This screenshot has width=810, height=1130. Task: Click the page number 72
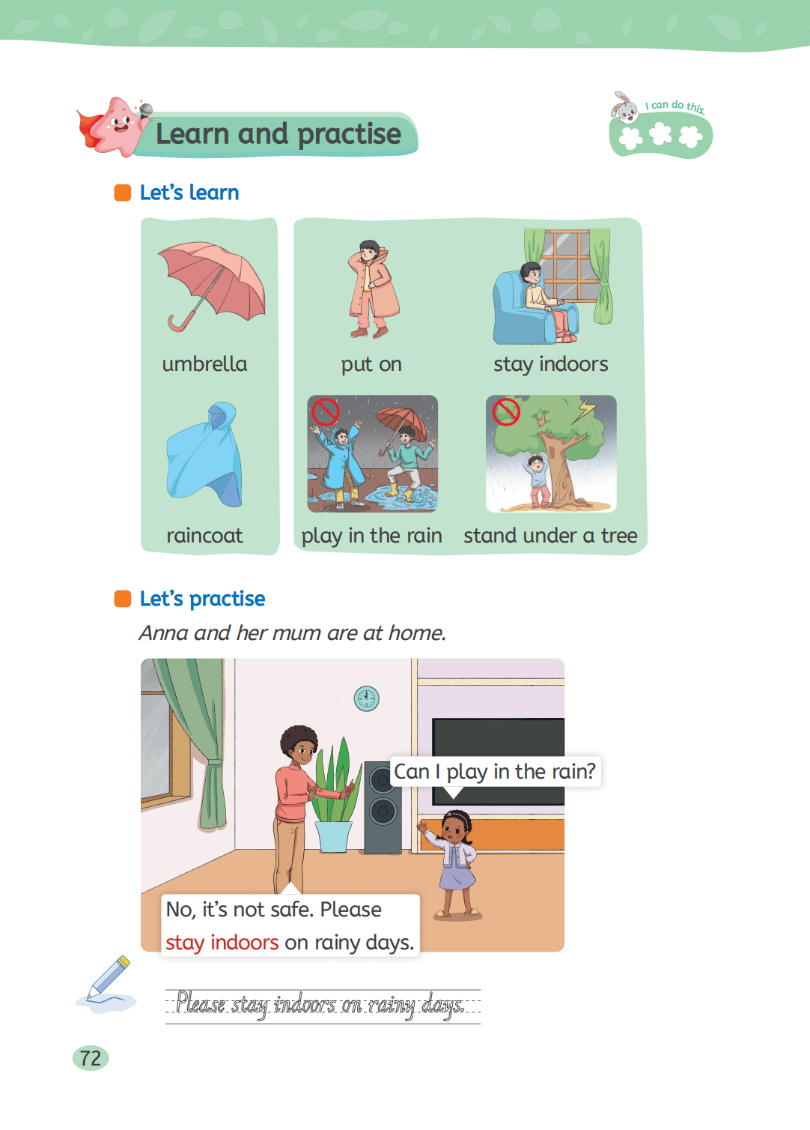[x=91, y=1058]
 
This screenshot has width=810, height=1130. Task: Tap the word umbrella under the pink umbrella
[x=204, y=364]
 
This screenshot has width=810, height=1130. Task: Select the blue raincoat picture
[x=204, y=454]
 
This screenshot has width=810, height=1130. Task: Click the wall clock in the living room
[x=366, y=698]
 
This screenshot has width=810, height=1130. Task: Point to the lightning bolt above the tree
[x=587, y=408]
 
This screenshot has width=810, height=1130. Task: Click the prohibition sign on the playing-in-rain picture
[x=325, y=412]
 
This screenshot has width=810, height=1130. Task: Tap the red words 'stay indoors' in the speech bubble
[x=222, y=943]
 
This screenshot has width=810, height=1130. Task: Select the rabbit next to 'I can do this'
[x=624, y=107]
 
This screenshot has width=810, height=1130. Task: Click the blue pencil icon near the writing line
[x=108, y=978]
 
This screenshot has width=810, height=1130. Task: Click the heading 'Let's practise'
[x=202, y=599]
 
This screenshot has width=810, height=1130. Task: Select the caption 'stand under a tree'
[x=550, y=535]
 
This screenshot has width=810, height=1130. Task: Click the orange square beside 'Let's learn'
[x=123, y=193]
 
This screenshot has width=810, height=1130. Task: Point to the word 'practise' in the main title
[x=350, y=135]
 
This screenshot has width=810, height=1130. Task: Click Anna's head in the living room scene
[x=456, y=827]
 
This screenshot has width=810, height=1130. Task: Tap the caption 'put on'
[x=371, y=364]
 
